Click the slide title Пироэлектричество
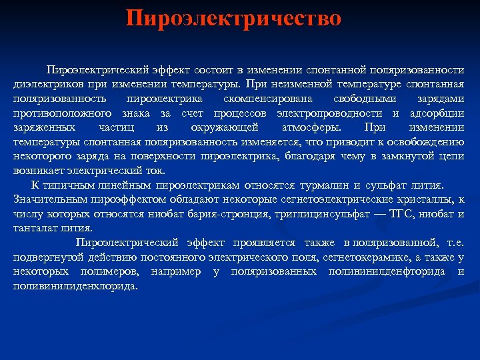tap(234, 18)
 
